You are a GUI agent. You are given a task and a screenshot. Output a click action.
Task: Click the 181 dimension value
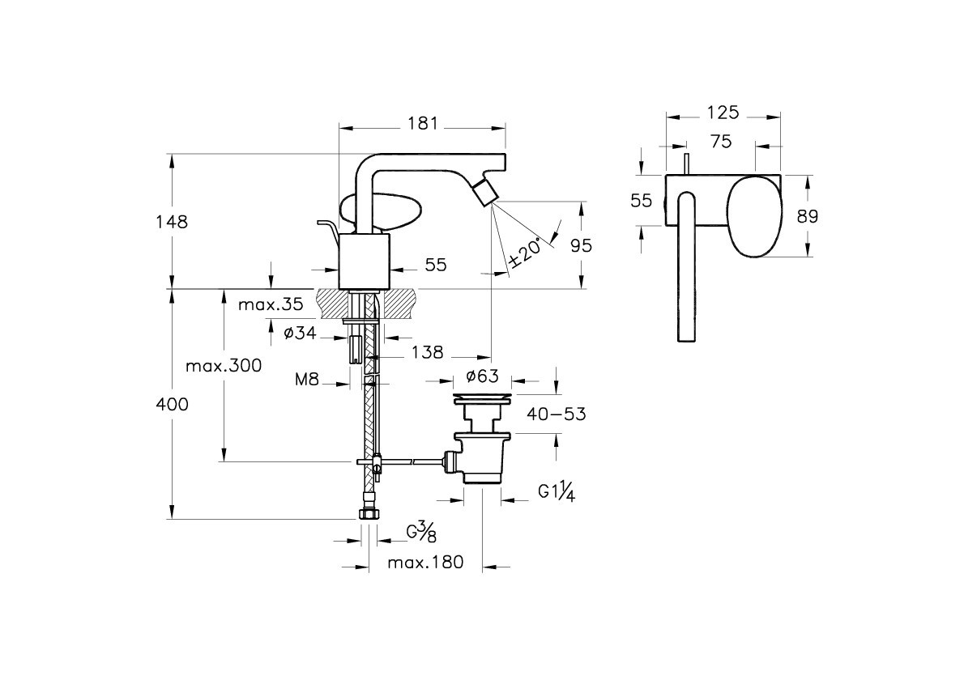pyautogui.click(x=422, y=123)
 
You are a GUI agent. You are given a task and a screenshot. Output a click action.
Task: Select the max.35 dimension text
pyautogui.click(x=271, y=304)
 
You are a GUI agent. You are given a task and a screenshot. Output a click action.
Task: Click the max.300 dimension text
pyautogui.click(x=224, y=365)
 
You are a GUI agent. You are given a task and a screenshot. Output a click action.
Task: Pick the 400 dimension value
pyautogui.click(x=171, y=404)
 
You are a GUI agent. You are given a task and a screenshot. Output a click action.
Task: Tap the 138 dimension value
pyautogui.click(x=427, y=352)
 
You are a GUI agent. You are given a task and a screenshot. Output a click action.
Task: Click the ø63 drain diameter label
pyautogui.click(x=482, y=376)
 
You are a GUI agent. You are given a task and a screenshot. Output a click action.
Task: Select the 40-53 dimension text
pyautogui.click(x=557, y=414)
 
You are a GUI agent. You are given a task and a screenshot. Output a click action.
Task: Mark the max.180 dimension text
pyautogui.click(x=425, y=563)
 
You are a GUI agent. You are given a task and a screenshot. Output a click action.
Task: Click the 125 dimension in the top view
pyautogui.click(x=723, y=113)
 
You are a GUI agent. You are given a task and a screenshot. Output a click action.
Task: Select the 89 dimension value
pyautogui.click(x=808, y=216)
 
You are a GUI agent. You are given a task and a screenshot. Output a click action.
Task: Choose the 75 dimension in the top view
pyautogui.click(x=721, y=142)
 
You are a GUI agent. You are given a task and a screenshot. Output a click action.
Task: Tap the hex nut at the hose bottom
pyautogui.click(x=368, y=515)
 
